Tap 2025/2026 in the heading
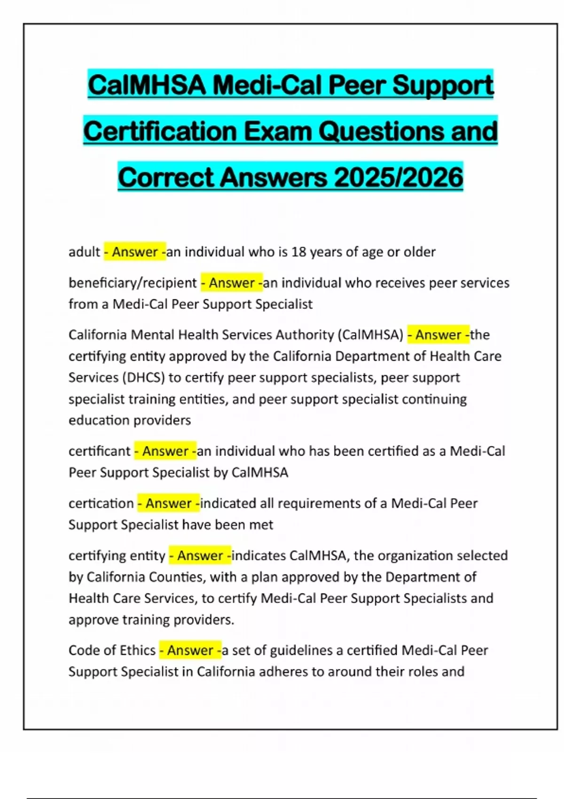(399, 178)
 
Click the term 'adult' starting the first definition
(84, 252)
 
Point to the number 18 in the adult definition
(298, 252)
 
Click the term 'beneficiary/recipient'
(133, 283)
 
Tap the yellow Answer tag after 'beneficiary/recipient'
(232, 283)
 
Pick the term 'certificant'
(99, 451)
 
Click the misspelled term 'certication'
(101, 503)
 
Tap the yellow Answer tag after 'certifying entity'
(200, 556)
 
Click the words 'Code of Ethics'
(112, 650)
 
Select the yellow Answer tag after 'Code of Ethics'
(190, 650)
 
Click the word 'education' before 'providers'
(97, 420)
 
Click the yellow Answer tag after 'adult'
(135, 252)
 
